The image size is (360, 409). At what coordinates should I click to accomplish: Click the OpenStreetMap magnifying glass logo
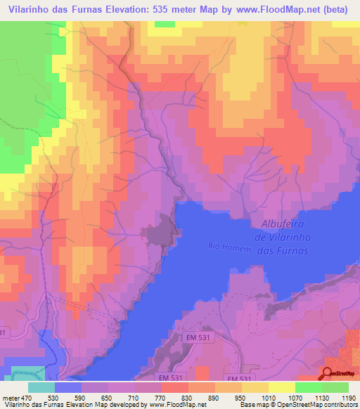point(328,373)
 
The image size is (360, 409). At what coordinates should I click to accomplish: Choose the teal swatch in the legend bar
point(41,387)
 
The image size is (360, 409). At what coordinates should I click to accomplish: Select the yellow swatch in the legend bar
point(281,387)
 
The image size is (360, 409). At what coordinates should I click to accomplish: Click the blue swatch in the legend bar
point(68,387)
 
